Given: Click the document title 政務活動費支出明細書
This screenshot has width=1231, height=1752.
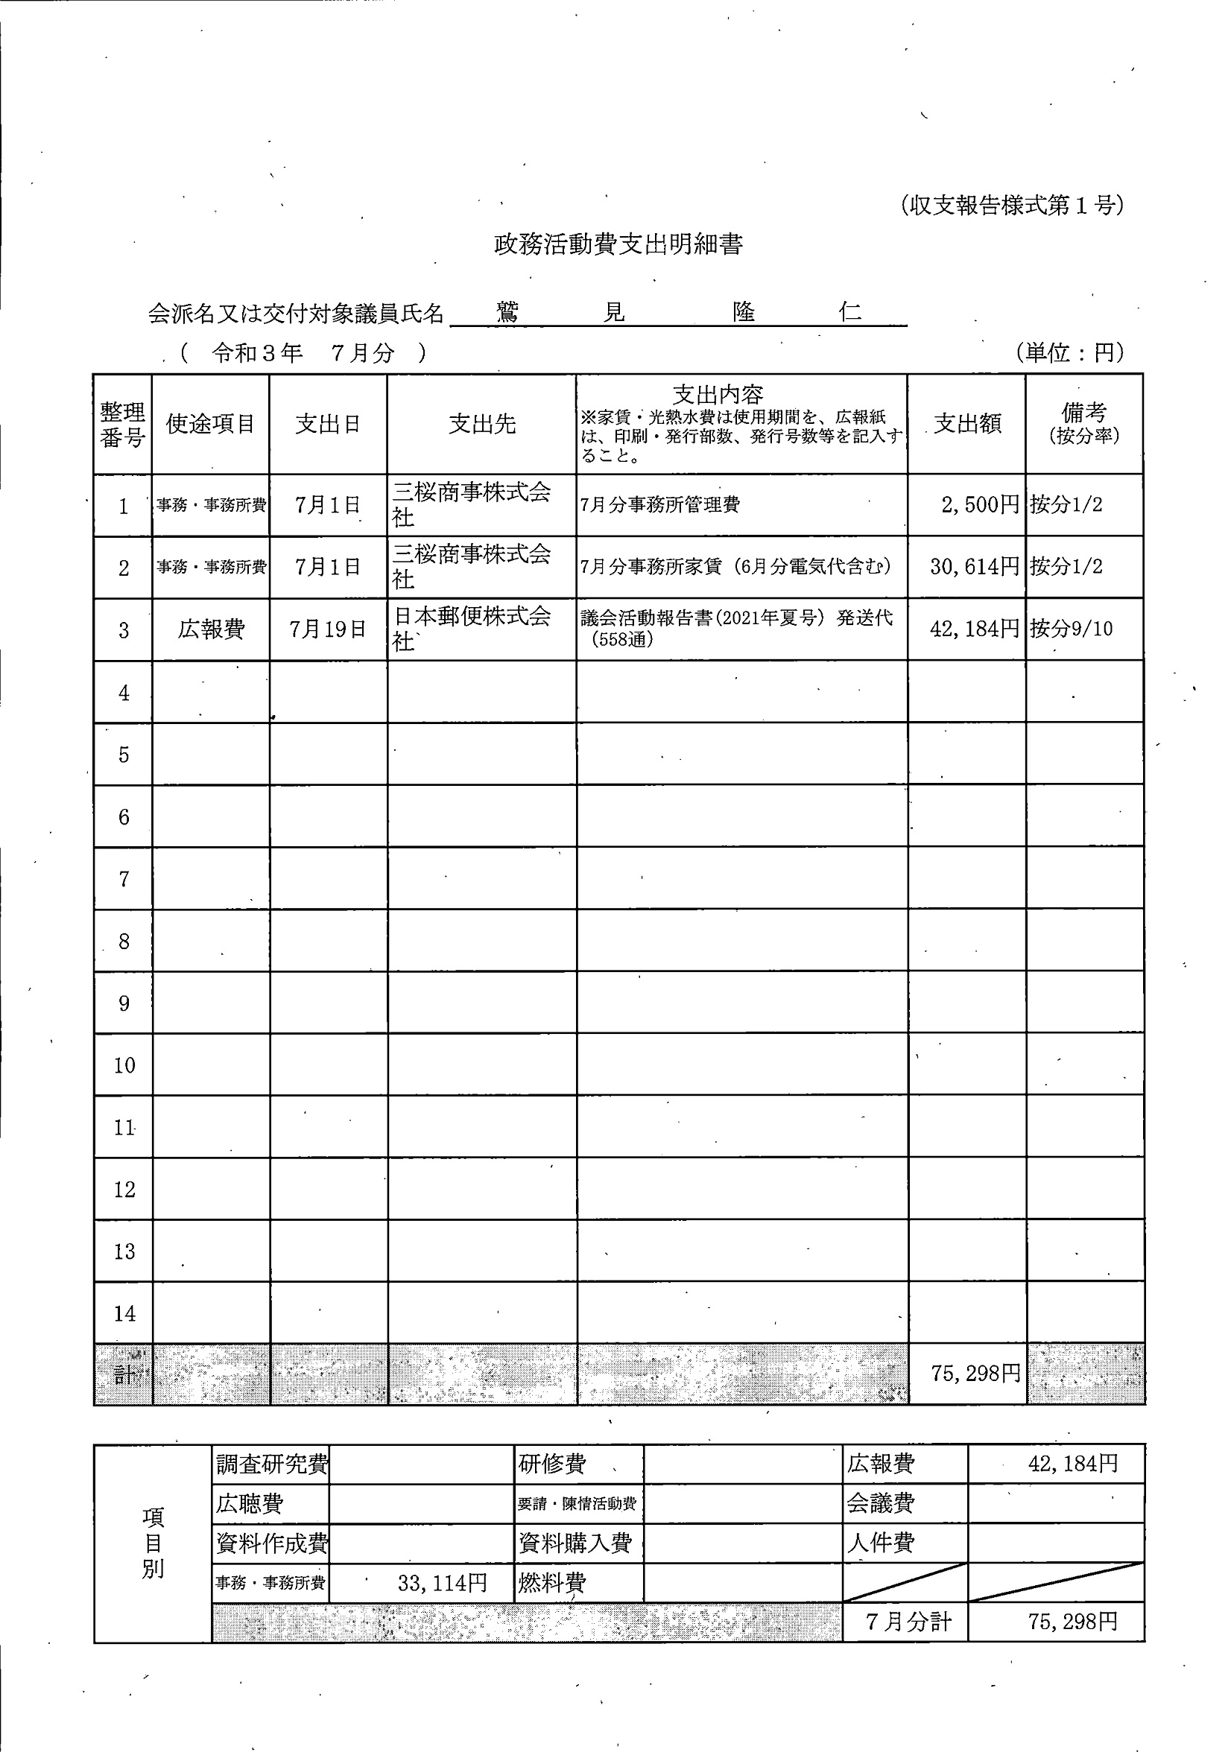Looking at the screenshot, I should tap(618, 245).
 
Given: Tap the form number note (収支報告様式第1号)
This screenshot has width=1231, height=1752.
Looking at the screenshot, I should tap(1011, 206).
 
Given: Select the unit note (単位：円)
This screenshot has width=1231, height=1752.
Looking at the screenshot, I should tap(1070, 352).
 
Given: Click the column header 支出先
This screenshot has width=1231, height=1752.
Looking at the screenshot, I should tap(481, 425).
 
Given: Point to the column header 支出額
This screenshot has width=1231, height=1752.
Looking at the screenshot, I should tap(967, 425).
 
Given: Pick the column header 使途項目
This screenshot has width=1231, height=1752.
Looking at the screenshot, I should tap(210, 425).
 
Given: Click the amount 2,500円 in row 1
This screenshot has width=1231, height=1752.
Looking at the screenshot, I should tap(980, 504).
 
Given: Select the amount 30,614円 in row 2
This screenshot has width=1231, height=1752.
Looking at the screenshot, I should tap(975, 566).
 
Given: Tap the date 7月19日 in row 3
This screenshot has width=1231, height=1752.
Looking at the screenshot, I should tap(327, 629).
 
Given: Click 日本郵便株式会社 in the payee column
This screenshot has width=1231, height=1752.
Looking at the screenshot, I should tap(471, 628).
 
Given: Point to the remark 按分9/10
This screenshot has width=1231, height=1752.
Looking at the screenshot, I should tap(1071, 629).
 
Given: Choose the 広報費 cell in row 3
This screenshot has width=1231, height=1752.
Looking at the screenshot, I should tap(211, 629).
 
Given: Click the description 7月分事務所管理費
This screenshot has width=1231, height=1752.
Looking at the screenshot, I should tap(659, 504).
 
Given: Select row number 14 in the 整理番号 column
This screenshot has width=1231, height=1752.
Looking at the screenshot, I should tap(124, 1314).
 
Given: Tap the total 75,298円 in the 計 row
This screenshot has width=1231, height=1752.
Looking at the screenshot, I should tap(975, 1374).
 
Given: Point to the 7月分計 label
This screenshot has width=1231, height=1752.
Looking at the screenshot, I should tap(908, 1621).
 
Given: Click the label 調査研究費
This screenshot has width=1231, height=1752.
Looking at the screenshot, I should tap(272, 1464).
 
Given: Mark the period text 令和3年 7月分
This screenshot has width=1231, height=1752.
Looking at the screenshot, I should tap(303, 352).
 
